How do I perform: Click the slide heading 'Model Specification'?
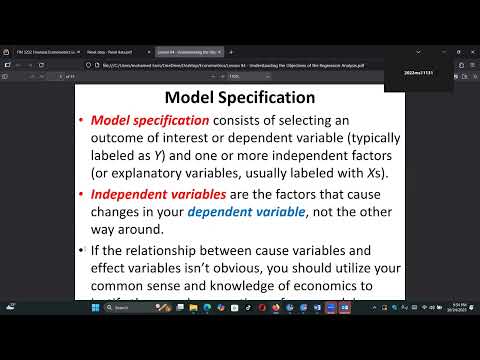239,98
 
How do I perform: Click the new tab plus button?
231,51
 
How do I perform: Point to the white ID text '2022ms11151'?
417,73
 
